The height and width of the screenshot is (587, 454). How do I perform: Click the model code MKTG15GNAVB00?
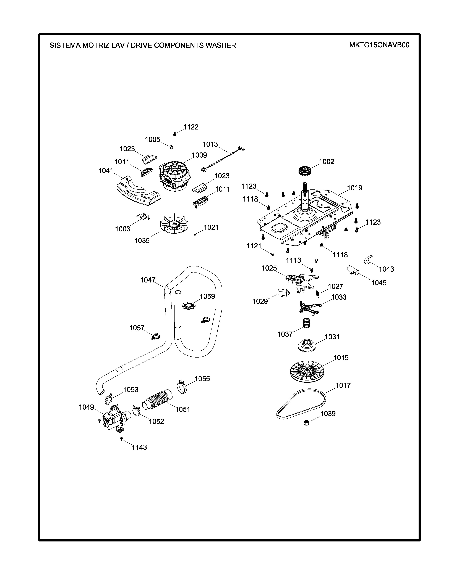379,45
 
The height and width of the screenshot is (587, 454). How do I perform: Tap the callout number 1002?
327,162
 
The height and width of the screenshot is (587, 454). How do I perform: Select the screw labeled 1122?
174,134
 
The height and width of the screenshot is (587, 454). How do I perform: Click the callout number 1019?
354,188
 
